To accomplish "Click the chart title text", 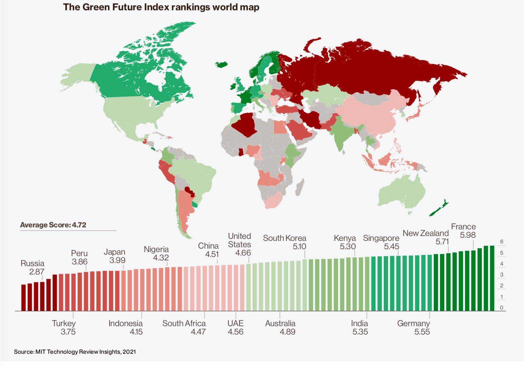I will [x=161, y=7].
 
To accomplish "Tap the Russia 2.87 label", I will [x=33, y=267].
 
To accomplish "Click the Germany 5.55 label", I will [x=413, y=327].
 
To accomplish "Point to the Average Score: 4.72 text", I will [x=53, y=225].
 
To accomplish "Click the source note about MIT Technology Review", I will [x=75, y=352].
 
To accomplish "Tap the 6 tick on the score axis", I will [x=501, y=242].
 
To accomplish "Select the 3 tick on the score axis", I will [x=501, y=275].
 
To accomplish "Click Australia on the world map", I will [x=401, y=192].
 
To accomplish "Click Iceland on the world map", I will [x=221, y=64].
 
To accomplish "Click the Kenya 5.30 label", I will [x=345, y=242].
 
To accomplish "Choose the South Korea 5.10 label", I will [x=285, y=242].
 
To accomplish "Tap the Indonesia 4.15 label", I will [x=126, y=327].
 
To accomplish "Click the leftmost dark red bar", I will [x=24, y=298].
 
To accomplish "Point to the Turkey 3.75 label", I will [x=64, y=327].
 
